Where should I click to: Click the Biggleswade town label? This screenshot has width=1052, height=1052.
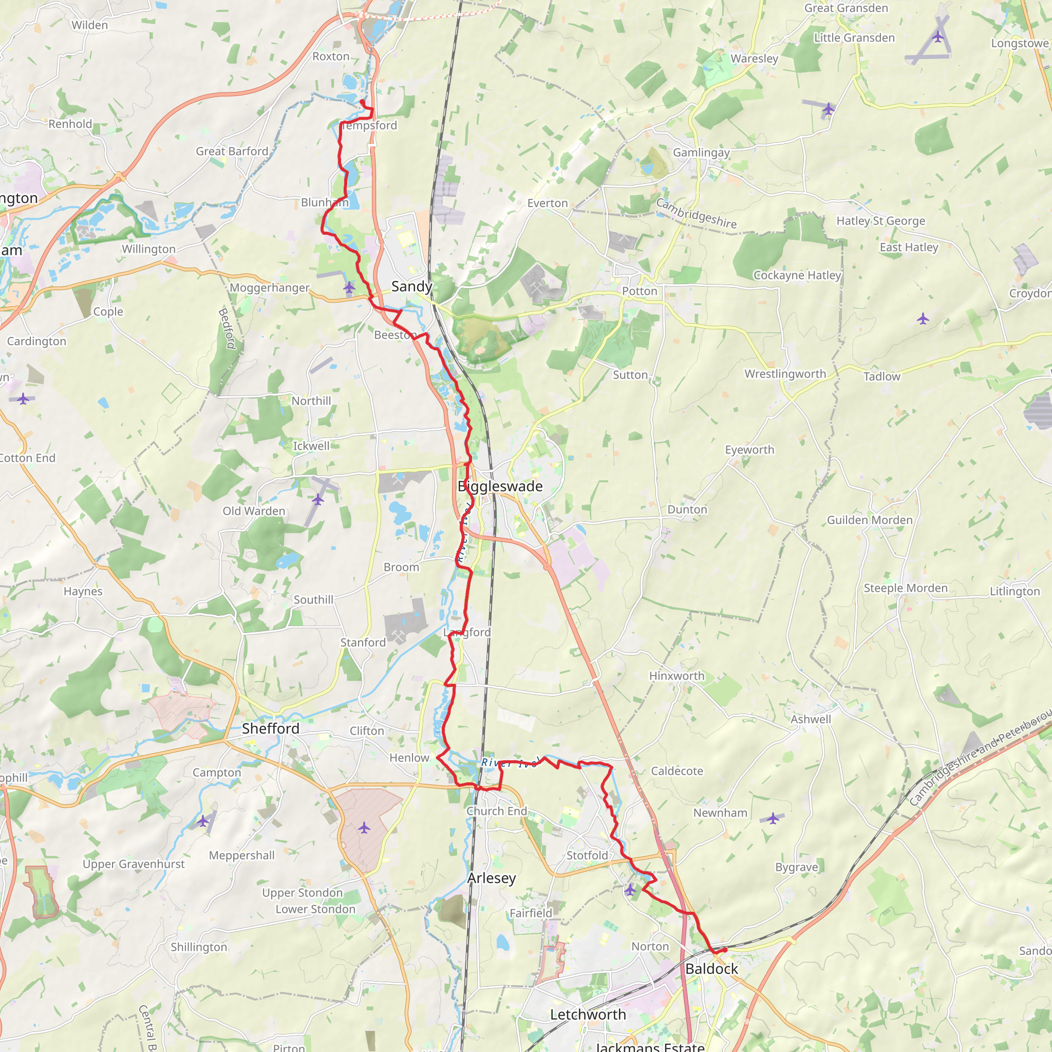500,486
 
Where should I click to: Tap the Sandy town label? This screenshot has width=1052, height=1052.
411,287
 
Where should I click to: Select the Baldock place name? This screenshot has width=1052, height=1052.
711,969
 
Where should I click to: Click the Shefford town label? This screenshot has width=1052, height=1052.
271,728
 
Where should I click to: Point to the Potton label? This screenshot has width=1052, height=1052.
640,291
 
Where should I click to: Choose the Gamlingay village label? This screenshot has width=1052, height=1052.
701,153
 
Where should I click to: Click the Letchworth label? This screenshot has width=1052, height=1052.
588,1015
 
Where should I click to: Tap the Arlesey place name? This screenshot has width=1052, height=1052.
491,878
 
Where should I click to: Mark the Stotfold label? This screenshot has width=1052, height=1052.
587,855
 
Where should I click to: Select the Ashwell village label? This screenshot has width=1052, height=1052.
811,719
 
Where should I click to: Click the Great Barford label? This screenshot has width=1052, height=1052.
232,152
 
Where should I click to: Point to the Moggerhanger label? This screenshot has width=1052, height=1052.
270,288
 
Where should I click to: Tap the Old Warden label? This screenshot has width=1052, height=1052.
254,511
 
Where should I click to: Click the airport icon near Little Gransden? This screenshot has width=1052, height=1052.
937,37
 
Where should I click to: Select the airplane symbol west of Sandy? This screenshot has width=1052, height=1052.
349,287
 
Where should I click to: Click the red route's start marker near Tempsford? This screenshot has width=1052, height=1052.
362,101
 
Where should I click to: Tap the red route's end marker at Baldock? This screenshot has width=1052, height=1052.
725,950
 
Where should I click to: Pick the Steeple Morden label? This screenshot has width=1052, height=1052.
906,588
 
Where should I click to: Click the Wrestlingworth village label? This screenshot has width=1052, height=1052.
785,374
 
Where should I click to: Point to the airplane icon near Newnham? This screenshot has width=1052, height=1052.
773,818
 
